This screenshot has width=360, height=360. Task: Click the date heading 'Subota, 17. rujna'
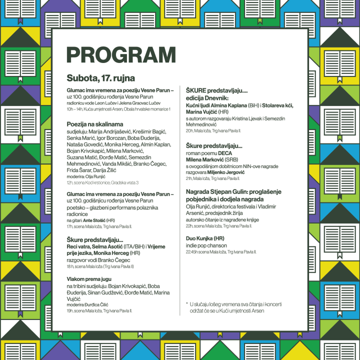100,78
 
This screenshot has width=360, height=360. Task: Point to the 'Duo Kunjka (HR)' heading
205,238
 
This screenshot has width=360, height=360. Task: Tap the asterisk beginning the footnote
186,303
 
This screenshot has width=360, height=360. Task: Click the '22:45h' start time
192,252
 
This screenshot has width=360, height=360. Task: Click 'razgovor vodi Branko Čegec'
98,260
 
